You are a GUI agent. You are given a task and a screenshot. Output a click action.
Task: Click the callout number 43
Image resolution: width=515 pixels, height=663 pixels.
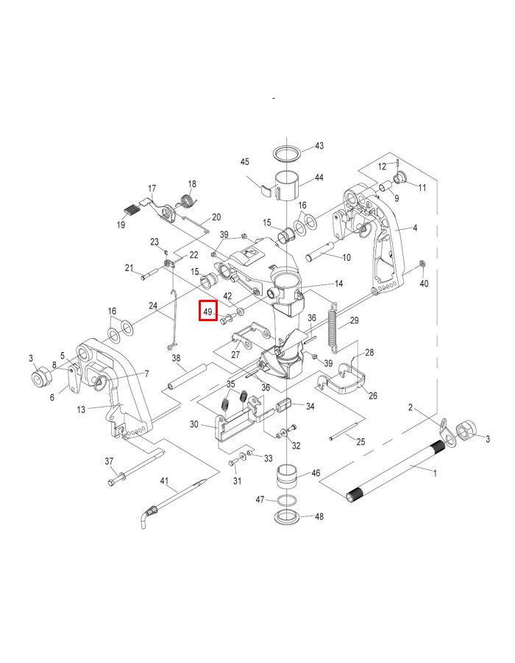(319, 146)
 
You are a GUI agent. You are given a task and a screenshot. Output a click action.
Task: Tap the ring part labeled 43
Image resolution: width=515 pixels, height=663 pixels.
(287, 153)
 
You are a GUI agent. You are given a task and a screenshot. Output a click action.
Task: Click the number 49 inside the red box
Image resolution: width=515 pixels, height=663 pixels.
(207, 312)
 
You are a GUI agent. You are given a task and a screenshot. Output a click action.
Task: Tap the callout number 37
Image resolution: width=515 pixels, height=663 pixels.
(110, 461)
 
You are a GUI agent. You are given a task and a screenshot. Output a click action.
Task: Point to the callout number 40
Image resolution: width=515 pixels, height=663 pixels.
(424, 284)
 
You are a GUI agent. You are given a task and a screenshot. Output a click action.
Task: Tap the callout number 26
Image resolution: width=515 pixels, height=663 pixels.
(372, 396)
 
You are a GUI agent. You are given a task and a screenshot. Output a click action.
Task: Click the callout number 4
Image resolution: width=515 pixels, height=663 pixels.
(415, 228)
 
